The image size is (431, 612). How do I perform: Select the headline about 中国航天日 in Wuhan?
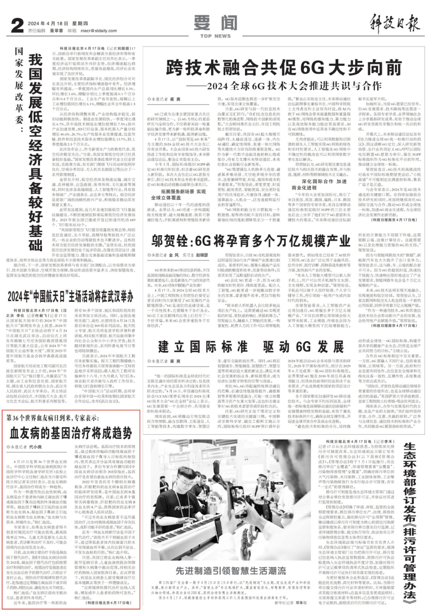tap(71, 296)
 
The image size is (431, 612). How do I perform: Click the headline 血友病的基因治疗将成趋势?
tap(71, 433)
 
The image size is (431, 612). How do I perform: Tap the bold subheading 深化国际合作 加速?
tap(324, 181)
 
